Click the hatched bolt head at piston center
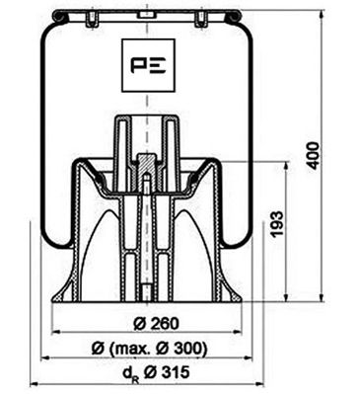147,162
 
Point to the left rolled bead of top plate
60,17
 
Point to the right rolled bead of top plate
235,17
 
